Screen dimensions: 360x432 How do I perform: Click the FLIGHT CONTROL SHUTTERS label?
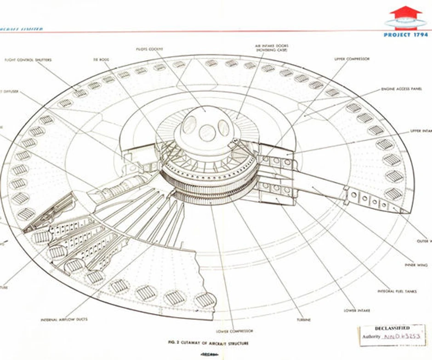(28, 60)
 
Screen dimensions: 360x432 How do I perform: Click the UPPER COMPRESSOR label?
(352, 59)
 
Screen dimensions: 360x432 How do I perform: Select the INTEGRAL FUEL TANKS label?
(397, 291)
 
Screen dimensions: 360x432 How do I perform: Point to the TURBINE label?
(303, 319)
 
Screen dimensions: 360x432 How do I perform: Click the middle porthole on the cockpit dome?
(207, 133)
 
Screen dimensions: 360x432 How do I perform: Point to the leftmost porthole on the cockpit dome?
(189, 125)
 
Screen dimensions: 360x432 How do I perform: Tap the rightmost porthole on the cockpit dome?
(224, 127)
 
